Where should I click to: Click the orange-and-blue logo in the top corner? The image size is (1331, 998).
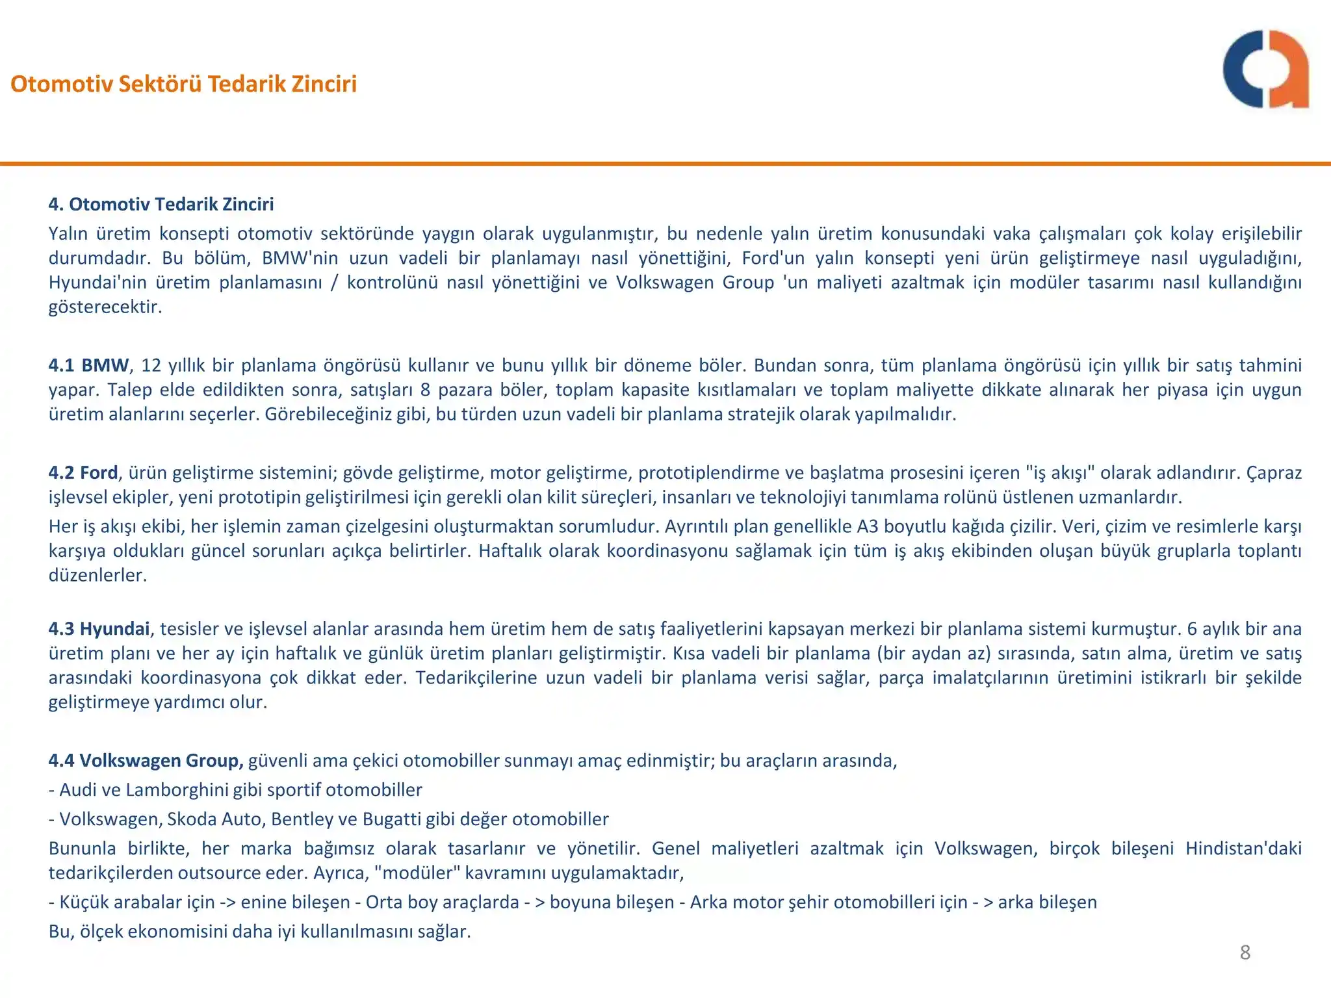click(1265, 69)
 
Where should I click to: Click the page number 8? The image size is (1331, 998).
click(1245, 953)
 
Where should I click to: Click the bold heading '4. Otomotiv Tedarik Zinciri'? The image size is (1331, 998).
click(161, 204)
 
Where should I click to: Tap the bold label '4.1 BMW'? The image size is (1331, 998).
click(89, 365)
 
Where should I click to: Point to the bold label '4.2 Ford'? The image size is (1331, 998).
click(83, 472)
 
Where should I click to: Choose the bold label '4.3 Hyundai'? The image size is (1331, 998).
click(99, 629)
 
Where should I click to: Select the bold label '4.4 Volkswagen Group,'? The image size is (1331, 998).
click(146, 760)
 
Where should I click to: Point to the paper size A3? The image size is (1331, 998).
click(868, 526)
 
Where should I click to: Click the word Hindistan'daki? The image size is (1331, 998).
click(1243, 849)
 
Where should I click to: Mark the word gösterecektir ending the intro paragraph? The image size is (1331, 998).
click(105, 307)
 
